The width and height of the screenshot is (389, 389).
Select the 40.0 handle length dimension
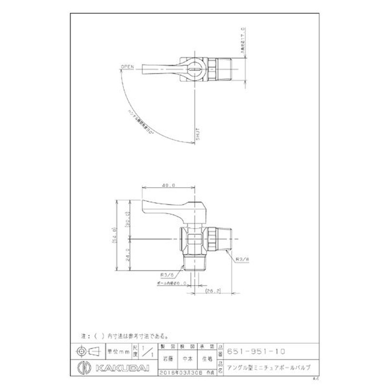point(169,185)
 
